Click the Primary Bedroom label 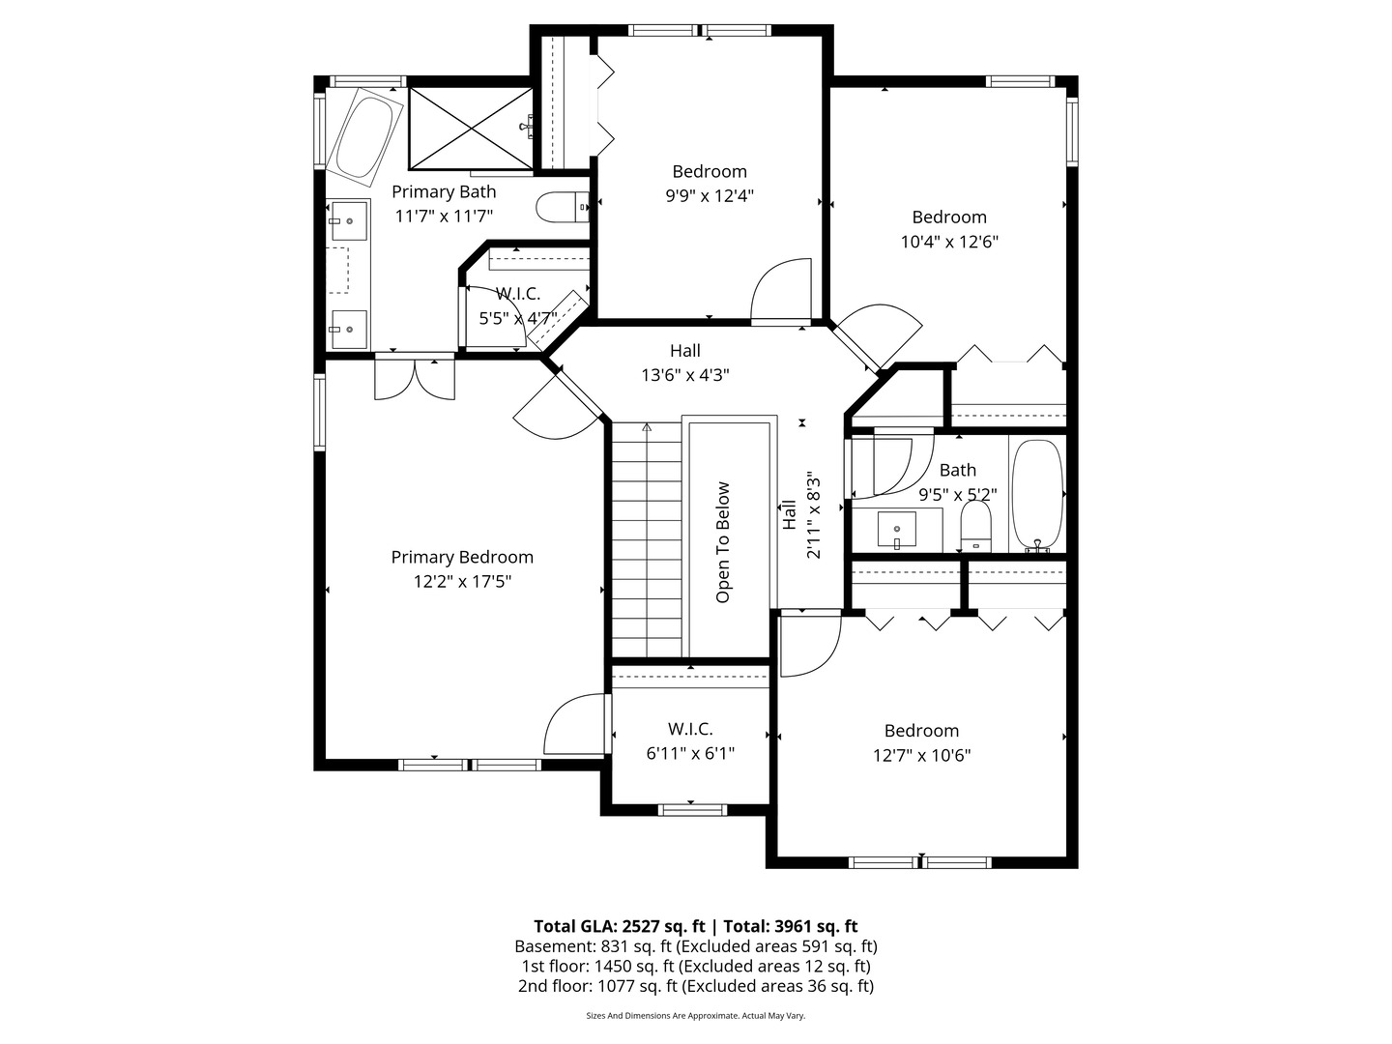tap(462, 557)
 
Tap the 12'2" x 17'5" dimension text tap(462, 581)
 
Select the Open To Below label tap(723, 542)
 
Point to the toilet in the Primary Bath tap(561, 207)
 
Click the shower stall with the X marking tap(470, 126)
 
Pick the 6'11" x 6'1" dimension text tap(690, 753)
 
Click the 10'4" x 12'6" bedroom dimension tap(949, 242)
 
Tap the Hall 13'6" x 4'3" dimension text tap(684, 375)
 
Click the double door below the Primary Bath tap(415, 378)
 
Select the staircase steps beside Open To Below tap(646, 541)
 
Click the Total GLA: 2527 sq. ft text tap(620, 925)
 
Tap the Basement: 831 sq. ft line tap(695, 946)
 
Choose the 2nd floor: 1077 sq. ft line tap(695, 986)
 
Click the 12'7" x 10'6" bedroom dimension tap(921, 755)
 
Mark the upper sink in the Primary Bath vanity tap(349, 221)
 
